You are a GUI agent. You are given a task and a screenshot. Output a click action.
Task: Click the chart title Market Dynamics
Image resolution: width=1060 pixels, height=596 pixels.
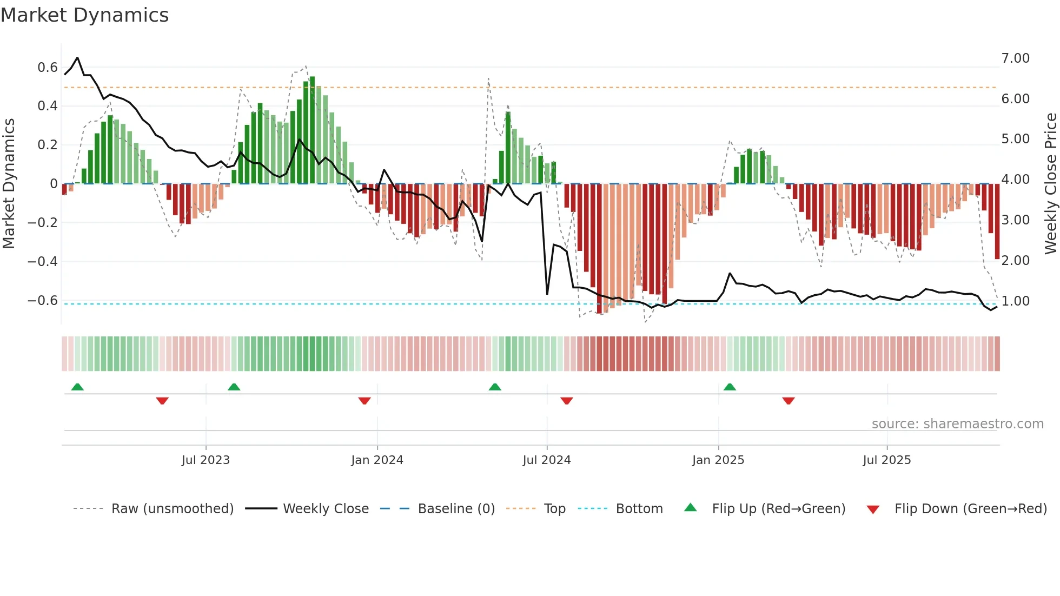tap(84, 15)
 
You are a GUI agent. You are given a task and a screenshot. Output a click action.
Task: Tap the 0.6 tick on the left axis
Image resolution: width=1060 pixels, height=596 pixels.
tap(48, 68)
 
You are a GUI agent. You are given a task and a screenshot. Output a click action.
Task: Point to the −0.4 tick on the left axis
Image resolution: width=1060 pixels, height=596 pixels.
tap(43, 262)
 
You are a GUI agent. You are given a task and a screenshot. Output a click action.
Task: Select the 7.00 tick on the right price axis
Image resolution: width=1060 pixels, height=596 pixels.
tap(1015, 58)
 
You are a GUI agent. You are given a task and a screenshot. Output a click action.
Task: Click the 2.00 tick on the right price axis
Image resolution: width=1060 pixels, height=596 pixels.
tap(1015, 261)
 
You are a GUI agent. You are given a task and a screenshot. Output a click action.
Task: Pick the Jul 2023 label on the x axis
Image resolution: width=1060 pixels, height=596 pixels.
tap(206, 460)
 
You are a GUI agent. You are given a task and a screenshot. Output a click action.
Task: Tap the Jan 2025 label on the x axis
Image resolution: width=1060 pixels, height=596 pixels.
tap(718, 460)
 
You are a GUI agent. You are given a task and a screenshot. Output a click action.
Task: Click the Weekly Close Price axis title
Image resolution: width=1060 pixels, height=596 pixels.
tap(1050, 184)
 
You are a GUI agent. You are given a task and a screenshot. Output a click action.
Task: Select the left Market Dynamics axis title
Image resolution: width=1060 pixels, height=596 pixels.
tap(9, 184)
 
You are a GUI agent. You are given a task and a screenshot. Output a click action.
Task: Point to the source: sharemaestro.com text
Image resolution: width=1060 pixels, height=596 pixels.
tap(957, 424)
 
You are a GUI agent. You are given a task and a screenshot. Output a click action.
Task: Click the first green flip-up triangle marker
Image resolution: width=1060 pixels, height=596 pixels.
tap(77, 387)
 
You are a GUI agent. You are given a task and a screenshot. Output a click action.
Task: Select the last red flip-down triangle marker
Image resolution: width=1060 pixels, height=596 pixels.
tap(788, 401)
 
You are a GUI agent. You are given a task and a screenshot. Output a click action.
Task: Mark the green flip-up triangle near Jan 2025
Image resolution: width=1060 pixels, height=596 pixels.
tap(730, 387)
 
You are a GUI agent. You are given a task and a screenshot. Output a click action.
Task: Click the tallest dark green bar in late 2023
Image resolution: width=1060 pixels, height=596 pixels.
tap(312, 130)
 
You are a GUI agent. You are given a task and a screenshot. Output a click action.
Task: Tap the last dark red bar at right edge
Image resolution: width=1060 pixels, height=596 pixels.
tap(997, 221)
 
